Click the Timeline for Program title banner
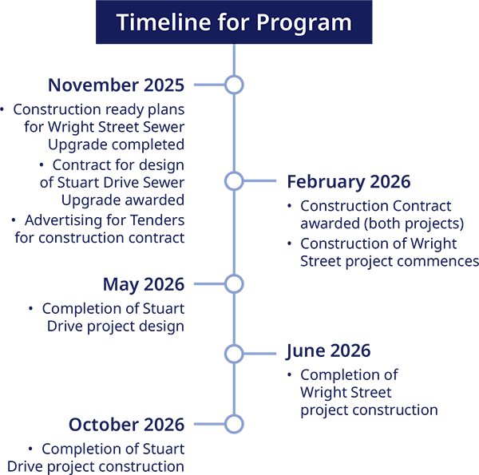[233, 22]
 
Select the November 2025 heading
[116, 85]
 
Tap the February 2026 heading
[348, 181]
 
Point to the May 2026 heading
[143, 284]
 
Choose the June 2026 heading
[328, 350]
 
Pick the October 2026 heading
[126, 425]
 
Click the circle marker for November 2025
[234, 85]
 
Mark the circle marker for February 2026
[234, 181]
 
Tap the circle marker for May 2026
[234, 284]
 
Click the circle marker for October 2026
[234, 425]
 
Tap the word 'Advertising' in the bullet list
[61, 220]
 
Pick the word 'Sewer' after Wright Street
[165, 126]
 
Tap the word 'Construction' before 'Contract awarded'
[342, 206]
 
